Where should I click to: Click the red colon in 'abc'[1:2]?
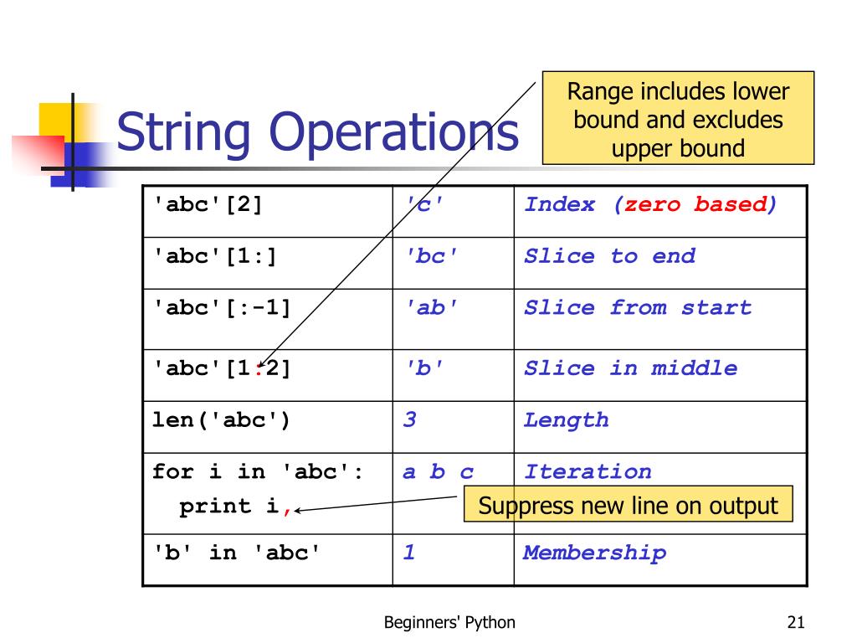[x=260, y=368]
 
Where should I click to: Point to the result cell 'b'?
[x=423, y=368]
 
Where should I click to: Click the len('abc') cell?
[x=221, y=420]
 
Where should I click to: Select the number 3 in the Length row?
[x=409, y=420]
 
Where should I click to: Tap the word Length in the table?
[x=566, y=420]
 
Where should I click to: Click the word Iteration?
[x=587, y=472]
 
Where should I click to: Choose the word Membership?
[x=594, y=553]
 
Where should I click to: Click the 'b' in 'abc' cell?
[x=237, y=553]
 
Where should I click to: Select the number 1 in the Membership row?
[x=409, y=553]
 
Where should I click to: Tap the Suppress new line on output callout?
[x=628, y=506]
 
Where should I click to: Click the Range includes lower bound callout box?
[x=678, y=119]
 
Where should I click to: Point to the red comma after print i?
[x=287, y=509]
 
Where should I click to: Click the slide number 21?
[x=795, y=622]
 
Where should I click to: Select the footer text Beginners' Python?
[x=449, y=622]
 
